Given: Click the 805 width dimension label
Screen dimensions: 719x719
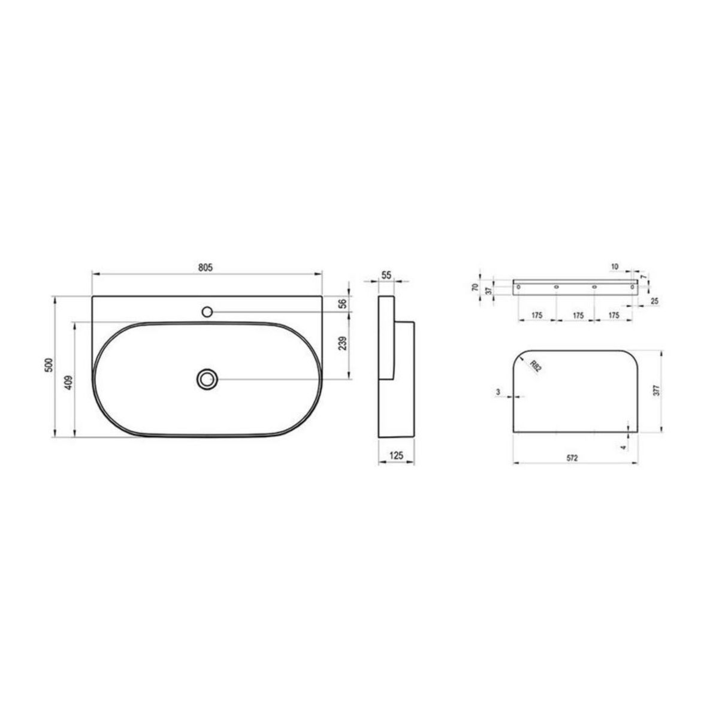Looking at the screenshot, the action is point(206,267).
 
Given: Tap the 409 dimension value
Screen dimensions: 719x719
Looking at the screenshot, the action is point(69,382).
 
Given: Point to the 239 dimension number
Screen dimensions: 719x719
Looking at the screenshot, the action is point(343,343).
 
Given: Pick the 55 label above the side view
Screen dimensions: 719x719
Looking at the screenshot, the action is point(386,276).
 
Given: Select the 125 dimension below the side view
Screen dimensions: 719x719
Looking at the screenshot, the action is point(396,455).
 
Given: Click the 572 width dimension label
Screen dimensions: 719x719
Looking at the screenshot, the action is point(572,458).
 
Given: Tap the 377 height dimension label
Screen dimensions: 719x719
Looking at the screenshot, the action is point(657,390).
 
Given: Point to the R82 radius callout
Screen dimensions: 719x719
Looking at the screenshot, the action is point(535,366).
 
